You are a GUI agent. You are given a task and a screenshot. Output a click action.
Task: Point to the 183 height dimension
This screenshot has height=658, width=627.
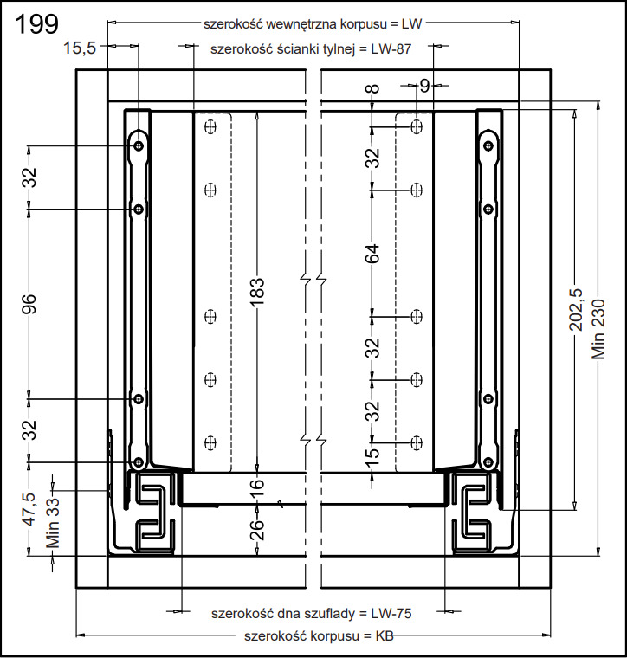[x=256, y=293]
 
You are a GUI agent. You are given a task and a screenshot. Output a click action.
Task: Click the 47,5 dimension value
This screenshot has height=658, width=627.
[x=29, y=512]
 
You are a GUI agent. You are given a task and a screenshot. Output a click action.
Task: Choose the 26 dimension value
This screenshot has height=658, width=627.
[x=256, y=529]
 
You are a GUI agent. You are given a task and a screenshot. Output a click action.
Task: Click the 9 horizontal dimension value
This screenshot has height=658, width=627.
[x=423, y=85]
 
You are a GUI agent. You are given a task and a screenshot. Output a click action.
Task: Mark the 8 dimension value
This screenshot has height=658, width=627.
[x=372, y=89]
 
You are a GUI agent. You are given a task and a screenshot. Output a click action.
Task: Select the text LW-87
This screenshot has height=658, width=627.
[x=390, y=49]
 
